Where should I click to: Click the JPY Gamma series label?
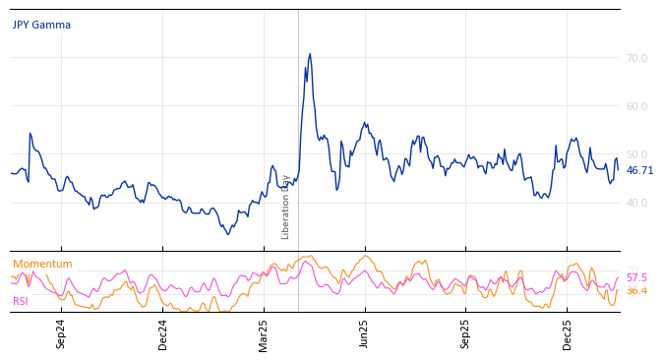click(41, 26)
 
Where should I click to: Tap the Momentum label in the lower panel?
click(42, 265)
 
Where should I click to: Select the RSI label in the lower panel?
click(21, 302)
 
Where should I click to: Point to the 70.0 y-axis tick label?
click(636, 59)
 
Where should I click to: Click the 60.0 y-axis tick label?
click(636, 107)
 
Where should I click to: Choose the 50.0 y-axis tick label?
click(636, 155)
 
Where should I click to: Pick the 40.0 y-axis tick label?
click(636, 204)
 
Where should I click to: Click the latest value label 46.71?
click(639, 171)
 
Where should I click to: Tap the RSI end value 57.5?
click(636, 278)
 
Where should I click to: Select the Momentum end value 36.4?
click(636, 291)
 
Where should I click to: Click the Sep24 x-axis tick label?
click(61, 333)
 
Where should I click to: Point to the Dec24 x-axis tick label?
click(163, 333)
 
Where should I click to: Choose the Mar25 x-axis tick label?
click(264, 333)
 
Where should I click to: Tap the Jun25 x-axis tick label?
click(365, 333)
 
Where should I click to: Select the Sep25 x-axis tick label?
click(466, 333)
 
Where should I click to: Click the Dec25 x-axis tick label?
click(568, 333)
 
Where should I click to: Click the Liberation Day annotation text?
click(286, 207)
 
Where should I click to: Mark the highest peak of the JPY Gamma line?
click(310, 54)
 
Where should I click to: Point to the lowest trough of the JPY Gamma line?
click(228, 234)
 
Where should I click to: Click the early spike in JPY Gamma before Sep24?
click(30, 134)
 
